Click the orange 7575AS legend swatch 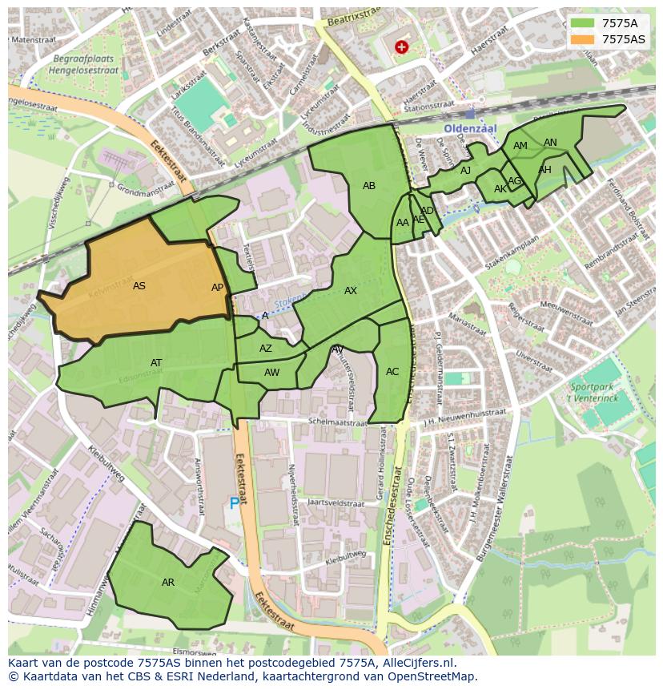point(583,39)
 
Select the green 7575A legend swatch point(583,23)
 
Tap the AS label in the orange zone point(139,286)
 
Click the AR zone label point(168,583)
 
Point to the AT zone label point(156,363)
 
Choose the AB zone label point(369,186)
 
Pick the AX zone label point(351,291)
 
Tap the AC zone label point(392,372)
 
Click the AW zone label point(272,373)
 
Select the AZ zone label point(266,349)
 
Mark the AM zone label point(520,146)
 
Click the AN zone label point(550,143)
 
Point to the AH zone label point(544,170)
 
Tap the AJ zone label point(465,171)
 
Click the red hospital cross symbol point(401,47)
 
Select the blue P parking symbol point(235,503)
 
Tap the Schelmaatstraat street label point(337,421)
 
